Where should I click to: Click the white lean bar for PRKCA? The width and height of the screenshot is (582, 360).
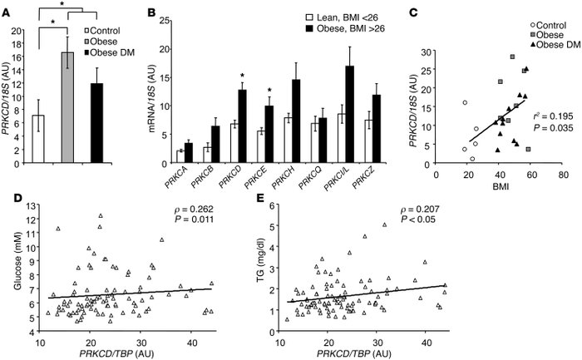[180, 150]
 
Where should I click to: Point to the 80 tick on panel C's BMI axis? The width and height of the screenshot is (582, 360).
[563, 175]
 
